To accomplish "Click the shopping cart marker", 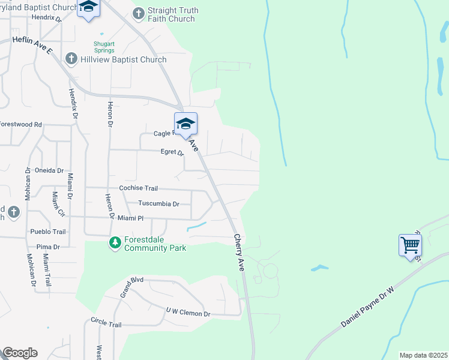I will point(410,245).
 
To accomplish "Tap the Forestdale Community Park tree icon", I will point(115,243).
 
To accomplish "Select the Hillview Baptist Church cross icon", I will point(71,59).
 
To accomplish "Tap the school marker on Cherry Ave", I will point(186,124).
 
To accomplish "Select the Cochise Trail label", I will point(138,188).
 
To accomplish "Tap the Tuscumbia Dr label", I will point(158,204).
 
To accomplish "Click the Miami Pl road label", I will point(130,218).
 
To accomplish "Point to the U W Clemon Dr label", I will point(188,313).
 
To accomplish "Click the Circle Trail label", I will point(106,324).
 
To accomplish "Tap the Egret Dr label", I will point(172,152).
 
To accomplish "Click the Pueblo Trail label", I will point(48,232).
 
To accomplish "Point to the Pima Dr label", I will point(48,247).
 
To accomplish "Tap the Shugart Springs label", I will point(104,47).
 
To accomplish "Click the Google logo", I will point(20,353).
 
